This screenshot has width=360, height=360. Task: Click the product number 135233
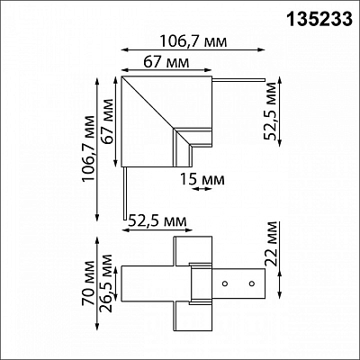tap(319, 20)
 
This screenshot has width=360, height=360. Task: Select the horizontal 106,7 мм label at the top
tap(193, 41)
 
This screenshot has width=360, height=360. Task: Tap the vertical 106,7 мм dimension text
tap(89, 148)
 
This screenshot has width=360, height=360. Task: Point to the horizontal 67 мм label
tap(166, 62)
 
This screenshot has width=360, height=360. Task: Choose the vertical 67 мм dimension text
tap(107, 121)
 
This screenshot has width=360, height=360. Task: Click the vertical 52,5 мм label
tap(270, 111)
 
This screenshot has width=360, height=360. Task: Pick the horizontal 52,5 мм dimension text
tap(157, 221)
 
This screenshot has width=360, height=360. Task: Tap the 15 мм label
tap(202, 179)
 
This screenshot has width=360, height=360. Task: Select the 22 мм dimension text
tap(270, 244)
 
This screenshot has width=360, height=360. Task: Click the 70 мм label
tap(88, 283)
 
